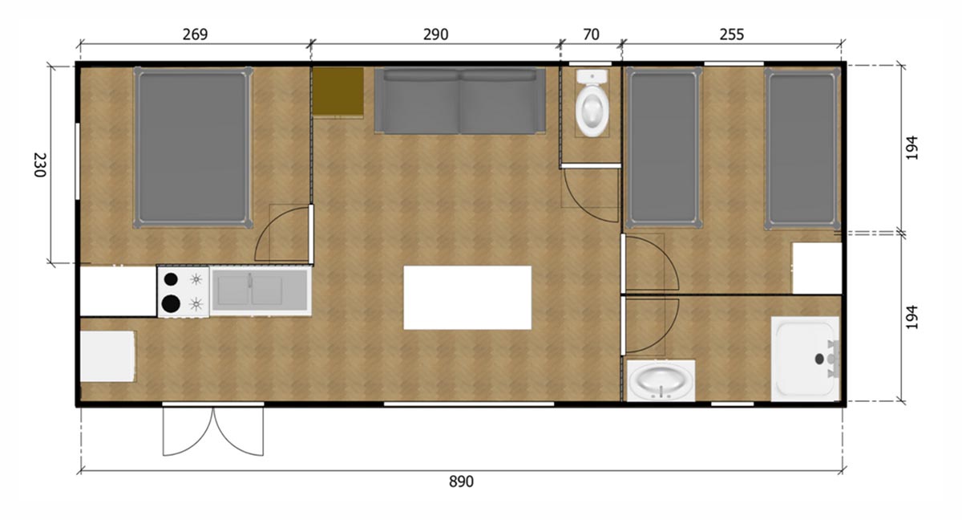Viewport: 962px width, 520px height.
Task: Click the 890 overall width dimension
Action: [x=461, y=481]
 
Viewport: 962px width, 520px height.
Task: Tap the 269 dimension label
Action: [x=195, y=35]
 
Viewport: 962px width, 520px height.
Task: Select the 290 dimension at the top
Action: [x=435, y=35]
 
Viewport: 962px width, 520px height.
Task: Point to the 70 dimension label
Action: [x=591, y=35]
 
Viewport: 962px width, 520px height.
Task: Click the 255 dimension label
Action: [x=731, y=35]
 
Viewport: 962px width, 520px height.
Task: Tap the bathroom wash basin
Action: [x=661, y=381]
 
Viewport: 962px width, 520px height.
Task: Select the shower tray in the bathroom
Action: [x=805, y=359]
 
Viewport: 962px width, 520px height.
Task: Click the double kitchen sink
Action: [x=260, y=290]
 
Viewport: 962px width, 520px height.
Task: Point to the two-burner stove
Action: [x=183, y=291]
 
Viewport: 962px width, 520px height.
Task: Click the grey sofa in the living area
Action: [x=460, y=101]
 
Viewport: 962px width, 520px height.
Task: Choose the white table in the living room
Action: [x=467, y=298]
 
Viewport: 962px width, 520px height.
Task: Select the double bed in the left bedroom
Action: [x=192, y=147]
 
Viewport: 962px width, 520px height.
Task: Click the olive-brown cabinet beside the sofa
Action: [x=338, y=92]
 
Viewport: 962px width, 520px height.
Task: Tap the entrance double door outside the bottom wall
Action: [x=213, y=431]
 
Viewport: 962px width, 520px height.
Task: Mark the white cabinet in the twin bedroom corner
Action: [x=817, y=269]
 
